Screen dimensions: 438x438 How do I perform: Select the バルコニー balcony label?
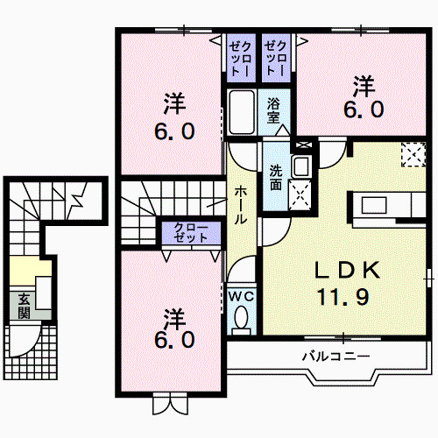(336, 357)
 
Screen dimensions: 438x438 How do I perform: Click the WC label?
(240, 296)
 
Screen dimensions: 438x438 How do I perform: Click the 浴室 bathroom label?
(275, 110)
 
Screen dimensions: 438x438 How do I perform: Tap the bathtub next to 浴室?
(243, 112)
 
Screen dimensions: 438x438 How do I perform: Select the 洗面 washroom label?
(275, 178)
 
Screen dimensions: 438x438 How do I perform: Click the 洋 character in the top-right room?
(363, 86)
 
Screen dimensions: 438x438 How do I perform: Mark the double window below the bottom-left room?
(168, 404)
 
